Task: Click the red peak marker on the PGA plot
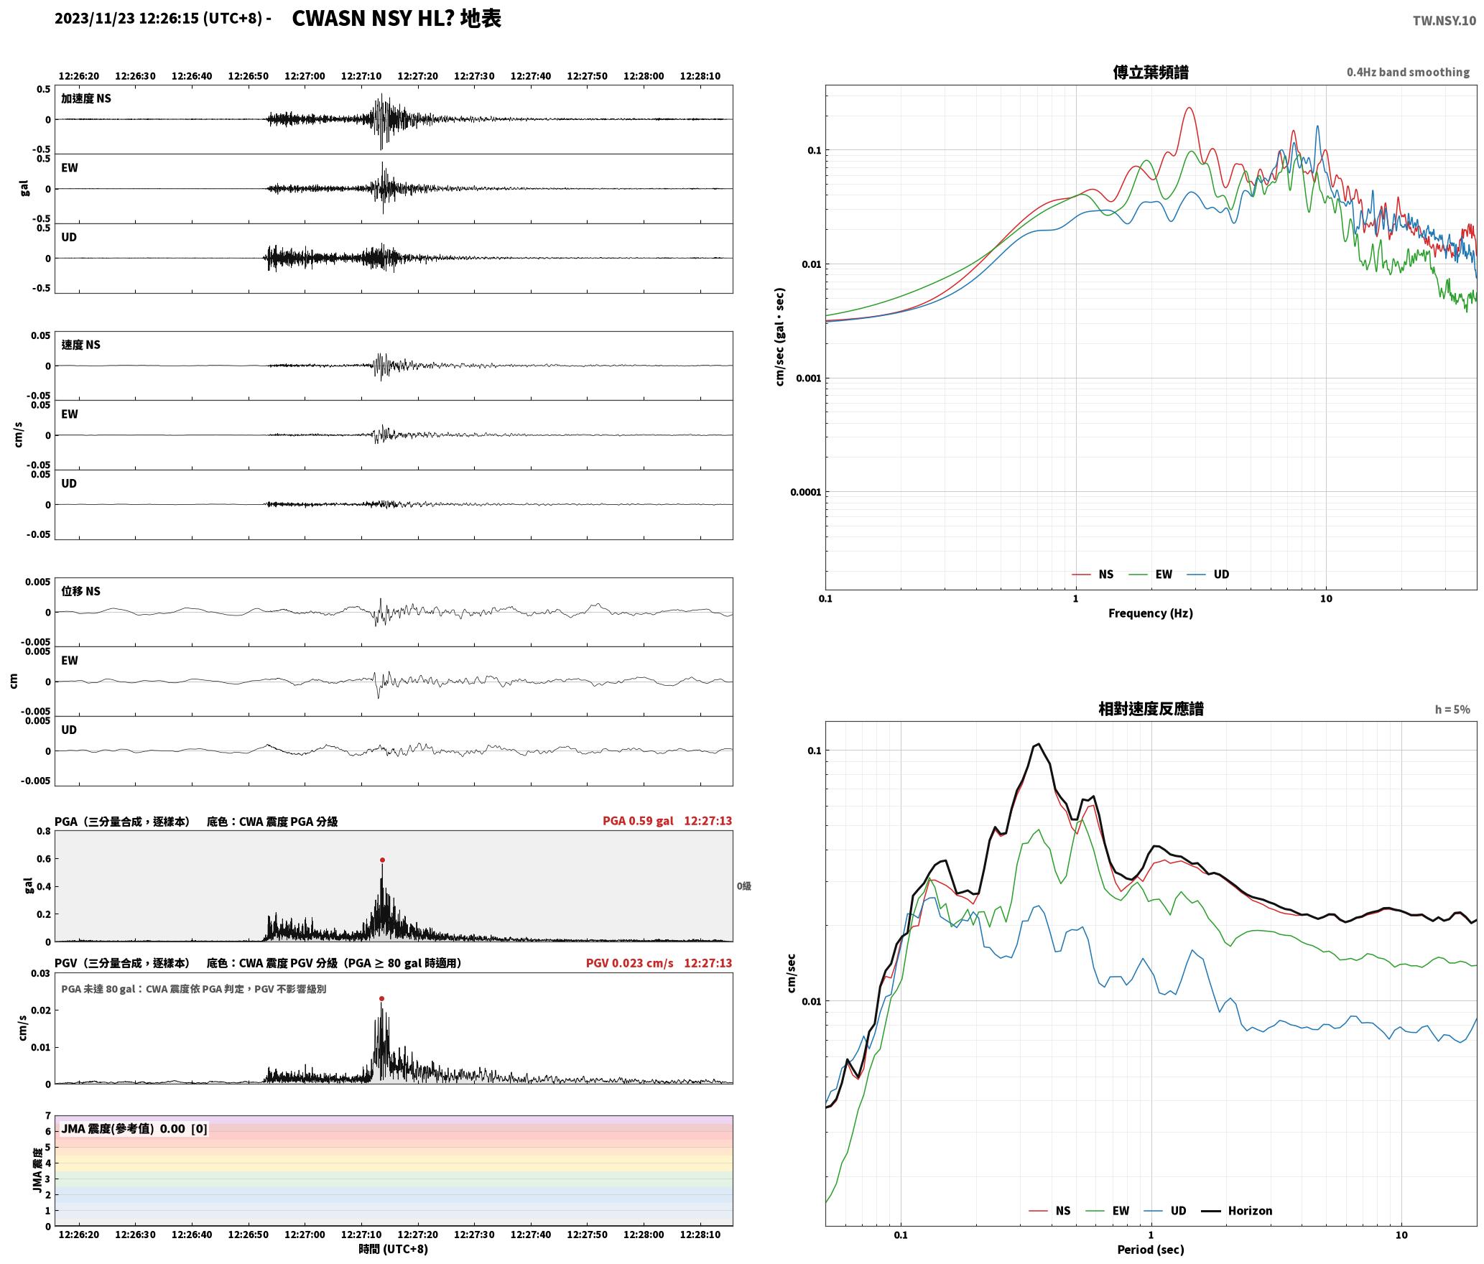point(382,860)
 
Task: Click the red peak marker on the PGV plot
point(381,998)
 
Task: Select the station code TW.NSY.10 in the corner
point(1444,21)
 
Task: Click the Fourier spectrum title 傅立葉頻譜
point(1150,72)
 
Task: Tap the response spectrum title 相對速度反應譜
point(1151,709)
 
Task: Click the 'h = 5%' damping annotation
point(1452,710)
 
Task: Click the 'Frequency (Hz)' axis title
point(1150,613)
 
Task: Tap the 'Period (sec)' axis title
point(1150,1249)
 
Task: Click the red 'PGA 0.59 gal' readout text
point(638,821)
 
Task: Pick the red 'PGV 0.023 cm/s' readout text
point(630,963)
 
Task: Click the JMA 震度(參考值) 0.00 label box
point(134,1128)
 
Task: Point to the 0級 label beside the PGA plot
point(743,886)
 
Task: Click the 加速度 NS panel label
point(86,98)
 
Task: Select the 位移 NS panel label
point(80,591)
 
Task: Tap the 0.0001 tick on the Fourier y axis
point(805,493)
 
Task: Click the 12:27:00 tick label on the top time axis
point(305,76)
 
